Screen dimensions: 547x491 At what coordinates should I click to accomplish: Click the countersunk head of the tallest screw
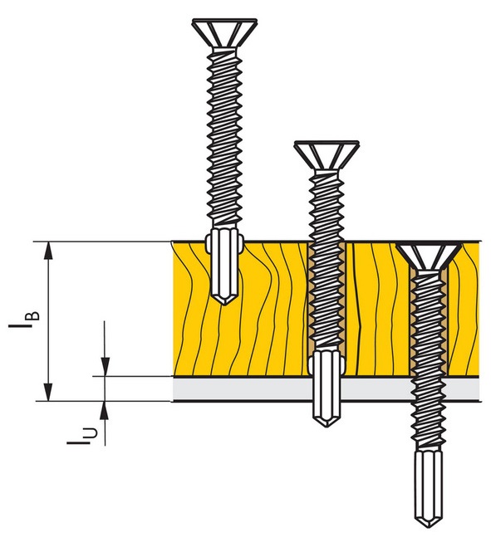(x=222, y=32)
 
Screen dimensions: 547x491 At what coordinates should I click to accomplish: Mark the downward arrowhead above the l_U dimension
(x=104, y=365)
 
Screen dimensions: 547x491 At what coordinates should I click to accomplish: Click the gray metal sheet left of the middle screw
(x=241, y=388)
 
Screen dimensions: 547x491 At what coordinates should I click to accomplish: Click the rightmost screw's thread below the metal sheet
(x=430, y=423)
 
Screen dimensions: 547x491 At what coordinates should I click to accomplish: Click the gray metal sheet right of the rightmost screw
(x=465, y=388)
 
